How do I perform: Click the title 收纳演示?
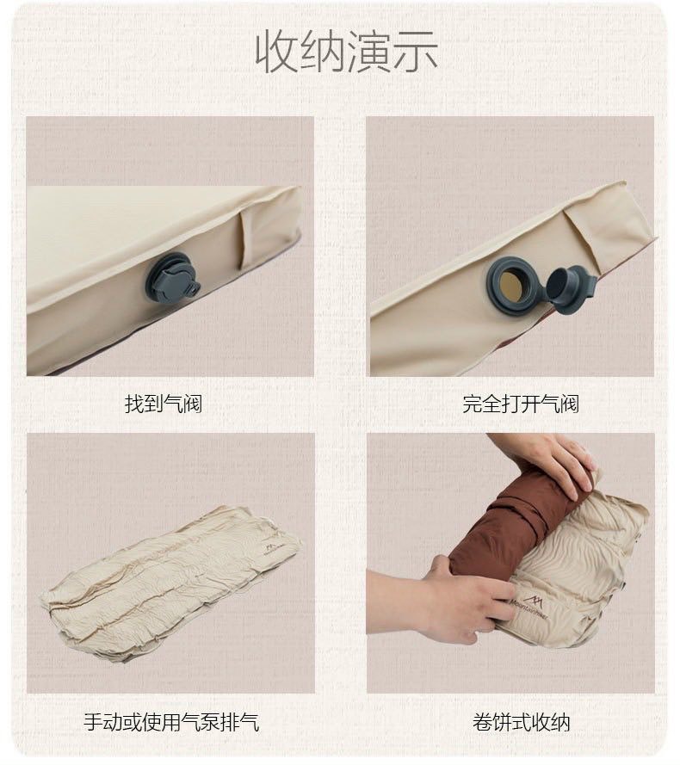[x=347, y=51]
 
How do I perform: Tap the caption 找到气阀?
[x=164, y=404]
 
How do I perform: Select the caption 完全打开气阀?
[x=521, y=404]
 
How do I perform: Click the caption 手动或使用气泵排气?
[x=171, y=721]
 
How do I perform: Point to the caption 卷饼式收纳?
[x=521, y=721]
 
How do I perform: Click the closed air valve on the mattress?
[x=171, y=278]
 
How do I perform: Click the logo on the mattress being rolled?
[x=530, y=596]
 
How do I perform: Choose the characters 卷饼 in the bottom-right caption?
[x=491, y=721]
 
